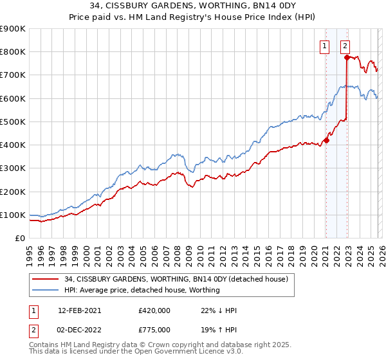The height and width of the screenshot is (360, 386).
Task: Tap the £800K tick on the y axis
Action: tap(12, 51)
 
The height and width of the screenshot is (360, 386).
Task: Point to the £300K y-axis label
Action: tap(12, 168)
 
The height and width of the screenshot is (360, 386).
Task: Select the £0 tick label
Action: tap(19, 238)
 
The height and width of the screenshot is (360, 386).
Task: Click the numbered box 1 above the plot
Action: tap(325, 46)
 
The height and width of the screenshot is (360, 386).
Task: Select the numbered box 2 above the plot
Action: tap(345, 46)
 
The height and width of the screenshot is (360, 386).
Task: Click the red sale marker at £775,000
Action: tap(347, 57)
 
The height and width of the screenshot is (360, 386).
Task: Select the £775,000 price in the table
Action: tap(154, 329)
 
